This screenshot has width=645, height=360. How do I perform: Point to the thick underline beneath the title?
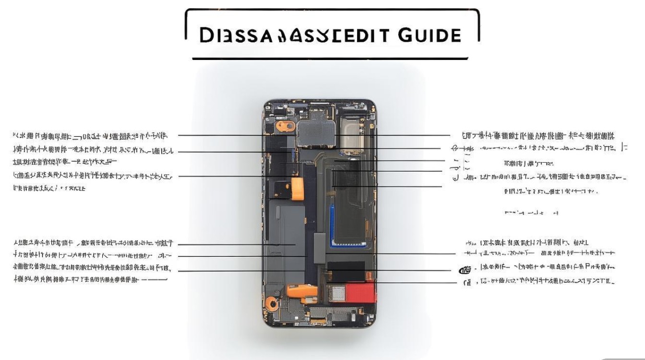(330, 59)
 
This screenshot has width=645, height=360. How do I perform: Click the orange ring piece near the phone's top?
(285, 126)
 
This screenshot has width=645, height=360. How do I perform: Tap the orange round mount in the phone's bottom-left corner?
(272, 303)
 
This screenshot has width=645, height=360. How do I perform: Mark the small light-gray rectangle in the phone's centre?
(320, 248)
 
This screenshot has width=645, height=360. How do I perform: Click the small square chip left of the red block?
(338, 292)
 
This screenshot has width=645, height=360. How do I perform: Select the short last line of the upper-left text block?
(49, 189)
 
